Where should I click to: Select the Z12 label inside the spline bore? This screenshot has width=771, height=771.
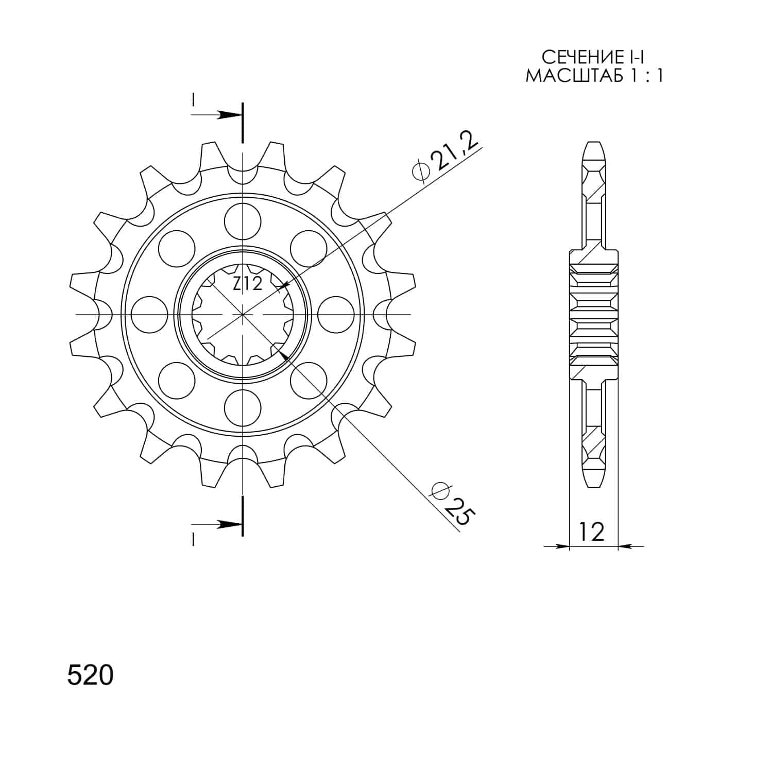coord(248,284)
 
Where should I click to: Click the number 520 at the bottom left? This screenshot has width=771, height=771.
coord(90,676)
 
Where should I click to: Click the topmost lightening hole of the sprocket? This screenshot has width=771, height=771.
coord(243,220)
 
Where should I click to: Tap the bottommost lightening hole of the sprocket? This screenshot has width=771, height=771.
coord(243,407)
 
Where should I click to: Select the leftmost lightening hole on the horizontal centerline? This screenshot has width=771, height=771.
coord(149,314)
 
